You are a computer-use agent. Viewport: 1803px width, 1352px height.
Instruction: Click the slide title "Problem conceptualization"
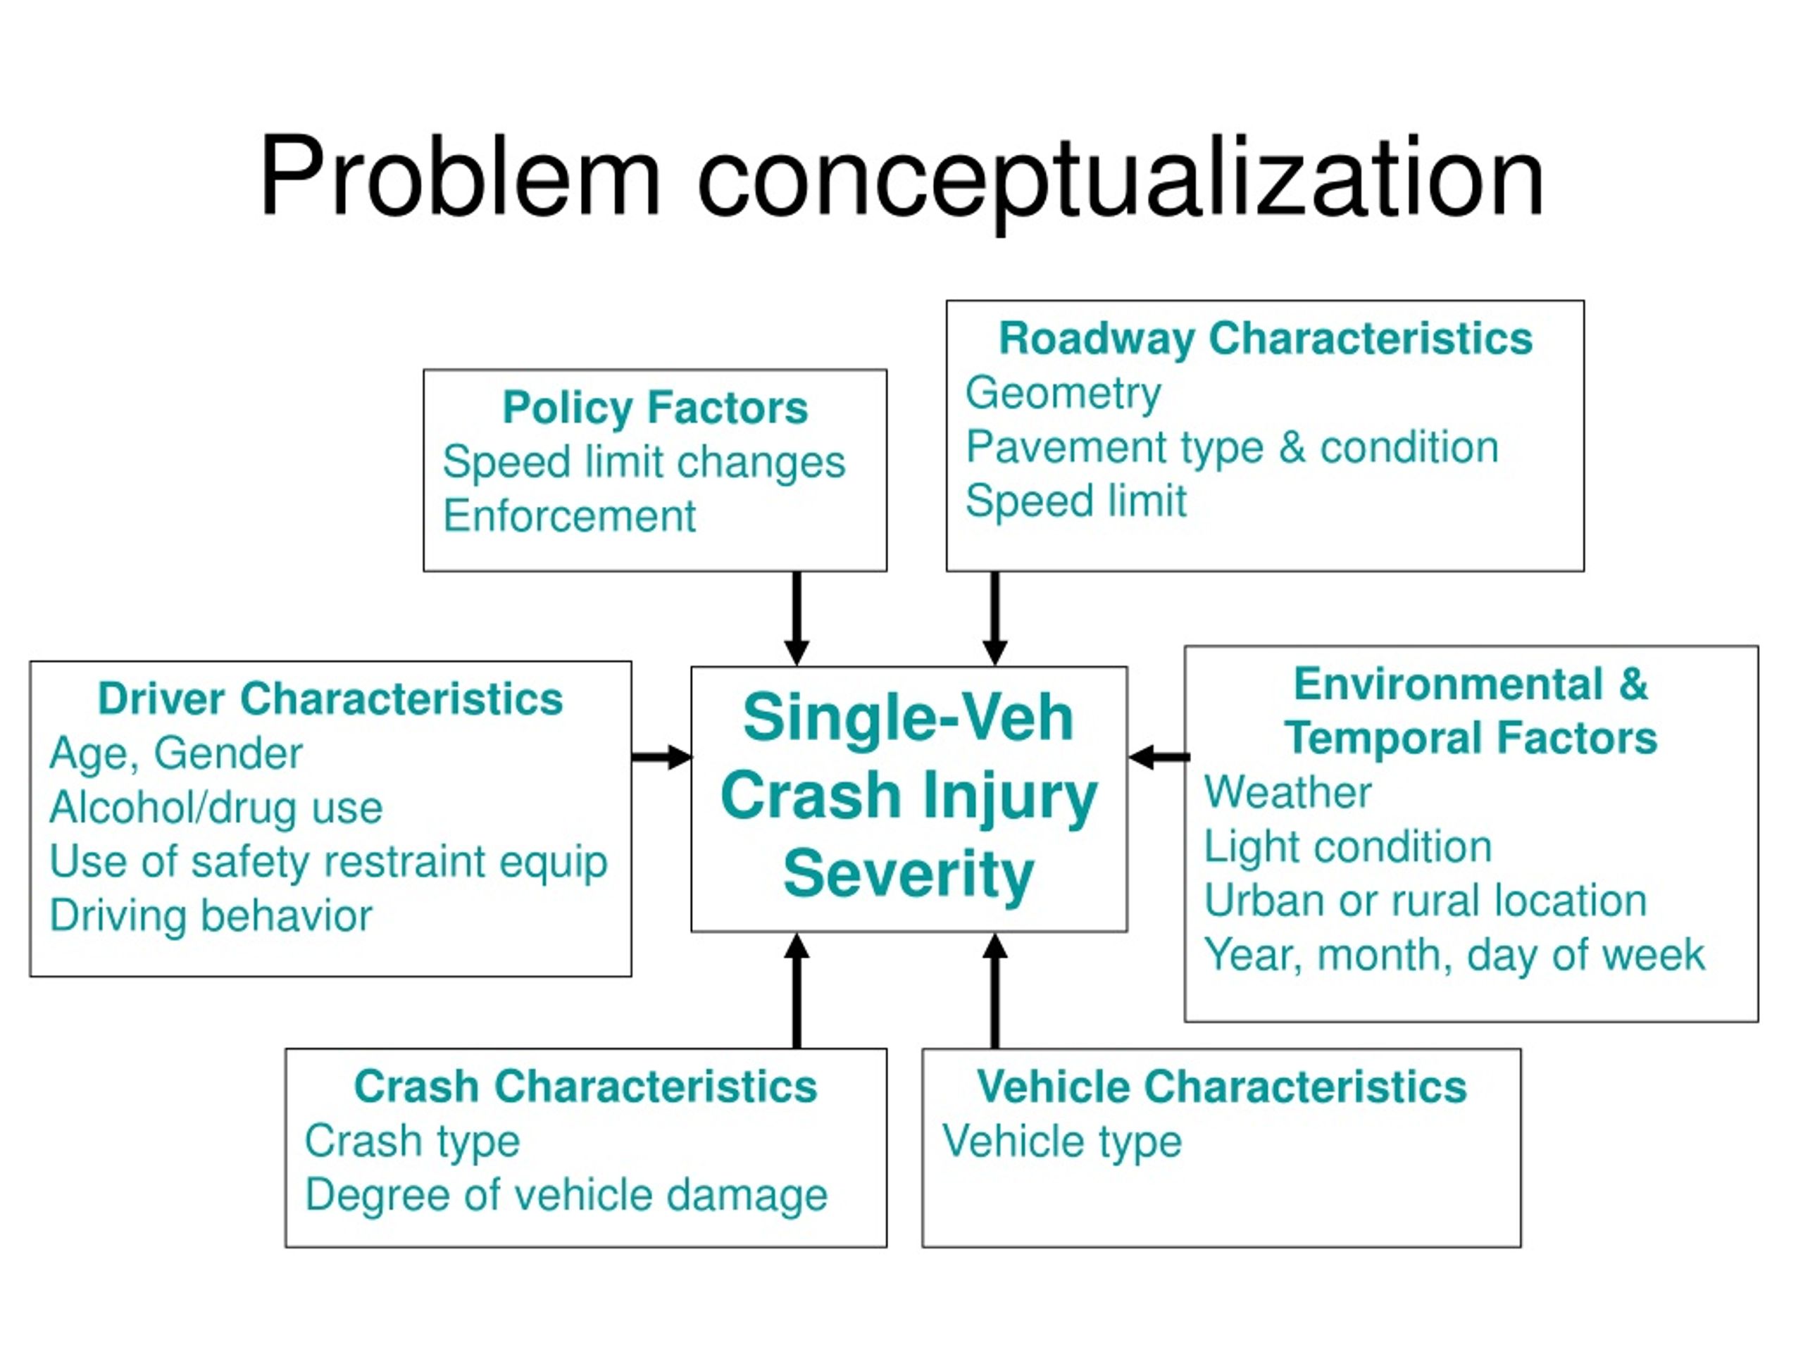pos(901,177)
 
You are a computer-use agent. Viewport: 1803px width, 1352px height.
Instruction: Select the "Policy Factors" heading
pos(654,408)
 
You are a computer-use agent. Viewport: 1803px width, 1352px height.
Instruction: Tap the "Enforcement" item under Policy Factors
pos(569,516)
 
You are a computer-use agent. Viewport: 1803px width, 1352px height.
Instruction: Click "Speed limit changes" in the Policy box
pos(644,462)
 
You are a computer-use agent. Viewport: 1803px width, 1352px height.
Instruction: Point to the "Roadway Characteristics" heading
pos(1265,338)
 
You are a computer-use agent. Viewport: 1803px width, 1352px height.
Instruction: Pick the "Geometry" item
pos(1063,394)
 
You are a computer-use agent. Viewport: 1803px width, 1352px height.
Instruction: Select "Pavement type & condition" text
pos(1232,447)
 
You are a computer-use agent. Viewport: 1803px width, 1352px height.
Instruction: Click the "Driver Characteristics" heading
pos(330,699)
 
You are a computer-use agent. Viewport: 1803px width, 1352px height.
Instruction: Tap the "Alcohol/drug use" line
pos(216,808)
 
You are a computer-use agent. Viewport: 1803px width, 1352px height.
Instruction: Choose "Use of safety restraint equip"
pos(328,861)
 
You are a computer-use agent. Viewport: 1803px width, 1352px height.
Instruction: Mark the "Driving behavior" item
pos(211,916)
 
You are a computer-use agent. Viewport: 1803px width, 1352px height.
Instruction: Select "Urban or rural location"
pos(1425,901)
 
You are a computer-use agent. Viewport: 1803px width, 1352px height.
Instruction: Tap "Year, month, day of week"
pos(1454,954)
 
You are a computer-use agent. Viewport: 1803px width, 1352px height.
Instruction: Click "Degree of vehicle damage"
pos(566,1196)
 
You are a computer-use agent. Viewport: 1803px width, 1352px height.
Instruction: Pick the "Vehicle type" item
pos(1061,1141)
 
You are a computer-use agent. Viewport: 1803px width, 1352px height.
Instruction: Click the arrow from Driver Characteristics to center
pos(661,757)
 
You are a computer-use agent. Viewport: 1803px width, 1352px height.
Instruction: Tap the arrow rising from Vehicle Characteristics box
pos(994,990)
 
